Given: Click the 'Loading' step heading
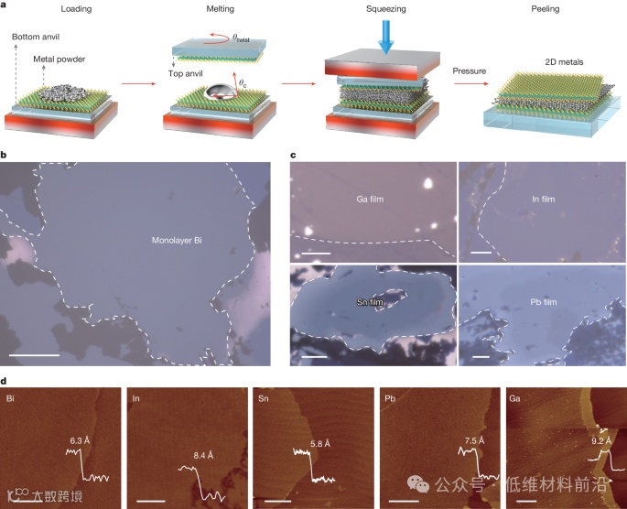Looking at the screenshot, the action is [76, 9].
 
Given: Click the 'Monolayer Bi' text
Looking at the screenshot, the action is [178, 242].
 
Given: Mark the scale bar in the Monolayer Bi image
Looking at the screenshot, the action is [33, 352].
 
